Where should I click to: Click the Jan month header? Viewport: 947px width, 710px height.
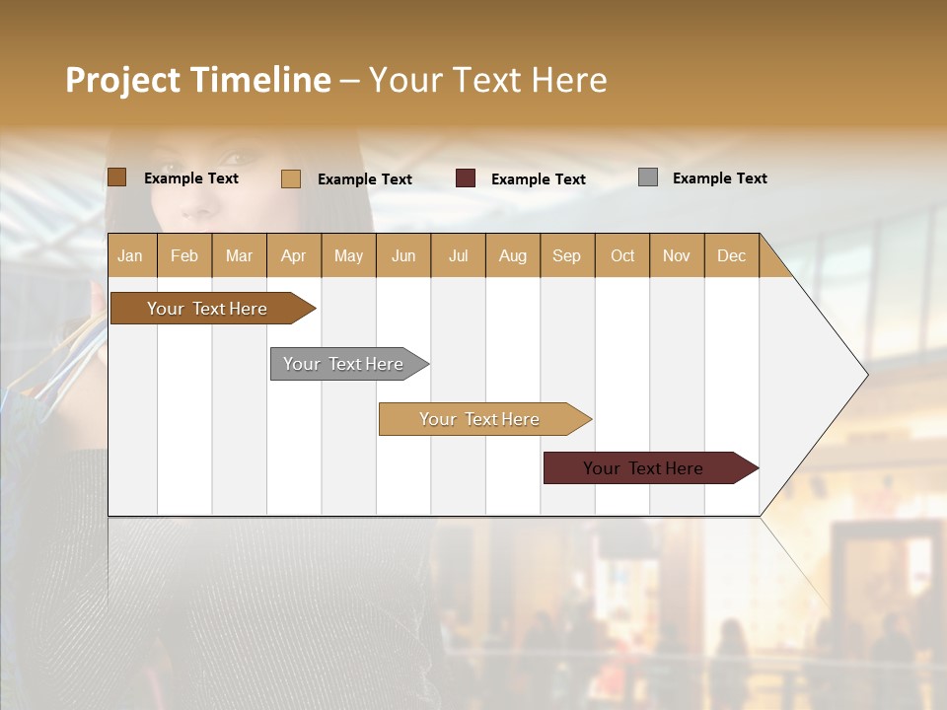click(x=131, y=255)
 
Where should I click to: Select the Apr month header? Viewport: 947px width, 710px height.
click(x=294, y=255)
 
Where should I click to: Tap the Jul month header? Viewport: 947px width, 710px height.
click(x=459, y=255)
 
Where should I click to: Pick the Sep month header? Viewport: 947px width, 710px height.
click(x=567, y=255)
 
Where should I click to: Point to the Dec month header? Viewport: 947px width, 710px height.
click(x=731, y=255)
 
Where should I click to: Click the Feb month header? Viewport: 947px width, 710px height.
click(x=184, y=255)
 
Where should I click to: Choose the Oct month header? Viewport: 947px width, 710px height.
click(x=622, y=255)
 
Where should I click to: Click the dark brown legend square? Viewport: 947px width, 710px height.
click(x=116, y=177)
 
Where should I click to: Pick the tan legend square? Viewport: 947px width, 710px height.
click(x=291, y=178)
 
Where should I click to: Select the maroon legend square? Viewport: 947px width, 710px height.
click(x=466, y=178)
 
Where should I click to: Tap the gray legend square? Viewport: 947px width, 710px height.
click(x=648, y=177)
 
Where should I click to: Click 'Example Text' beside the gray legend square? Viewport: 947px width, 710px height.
click(x=719, y=178)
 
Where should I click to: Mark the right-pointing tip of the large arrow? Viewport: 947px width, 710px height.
click(x=866, y=375)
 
